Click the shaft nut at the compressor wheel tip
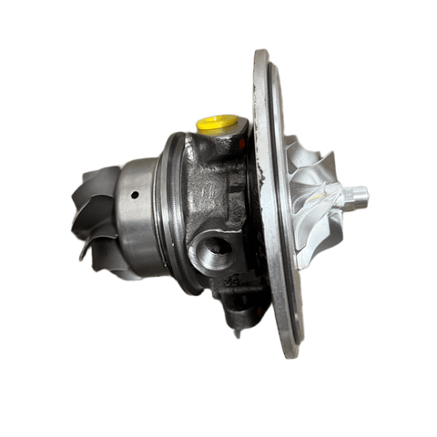(357, 194)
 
